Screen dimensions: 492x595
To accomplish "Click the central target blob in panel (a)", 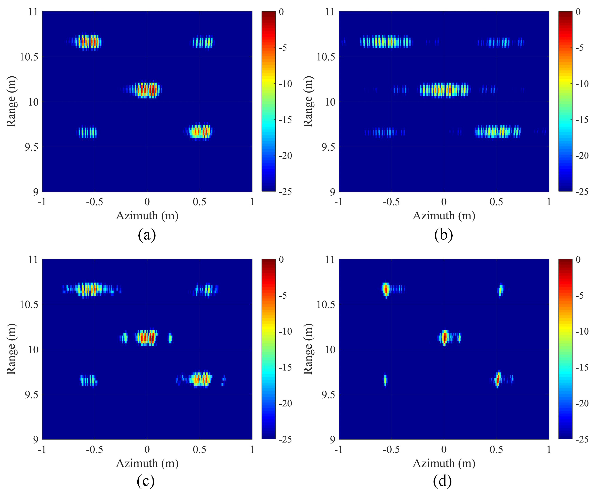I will [146, 90].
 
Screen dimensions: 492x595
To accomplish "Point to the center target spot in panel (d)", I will [444, 337].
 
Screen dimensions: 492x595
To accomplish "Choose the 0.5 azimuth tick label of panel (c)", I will [199, 449].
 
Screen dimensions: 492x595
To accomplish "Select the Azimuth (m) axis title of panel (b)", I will [444, 216].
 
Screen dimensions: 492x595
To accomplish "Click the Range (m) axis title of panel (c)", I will [11, 349].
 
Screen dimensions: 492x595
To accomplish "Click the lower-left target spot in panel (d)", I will [385, 380].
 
